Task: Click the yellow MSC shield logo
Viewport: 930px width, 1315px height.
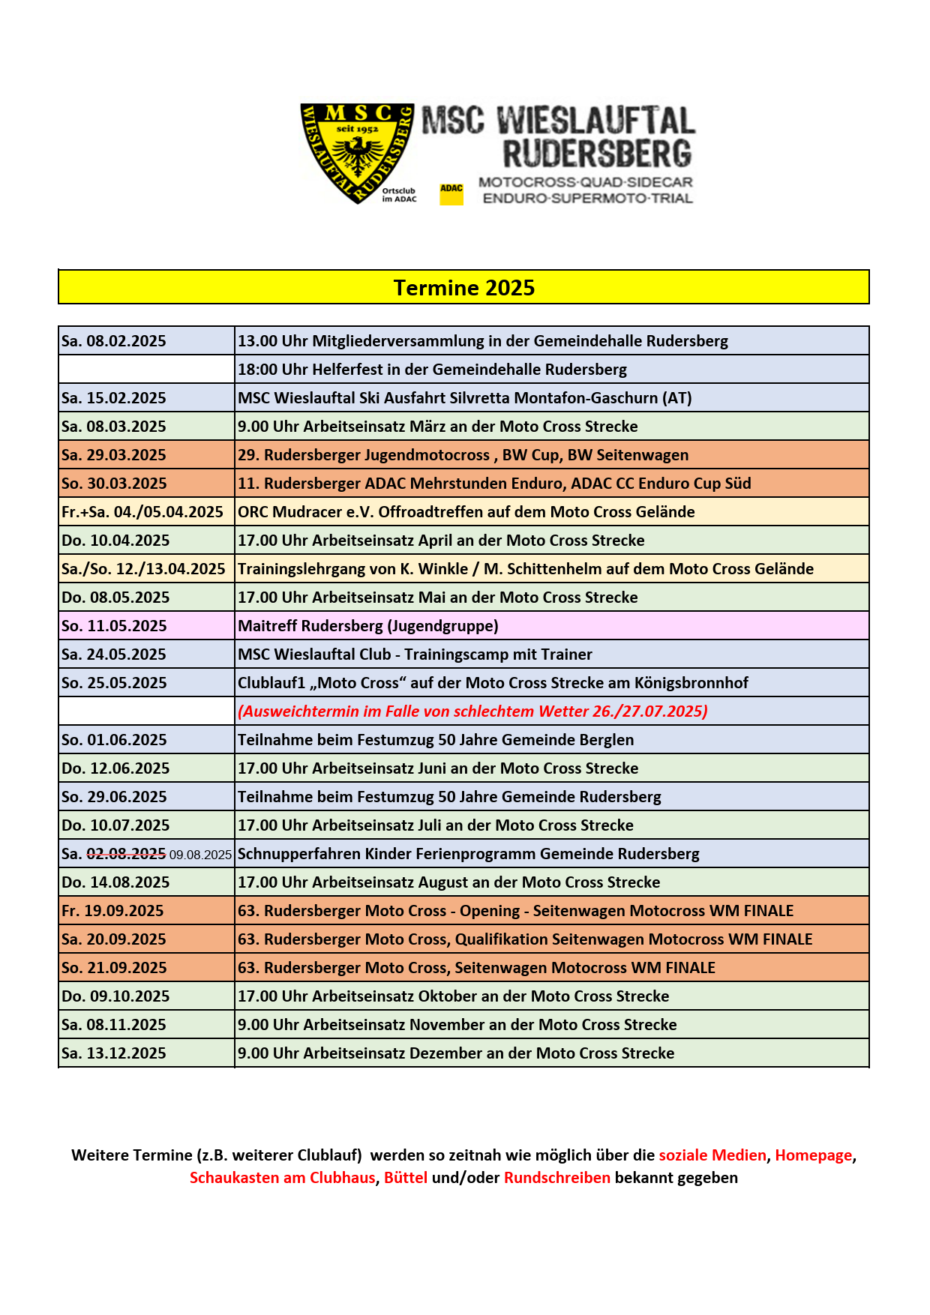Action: tap(357, 153)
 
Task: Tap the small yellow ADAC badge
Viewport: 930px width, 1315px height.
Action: tap(451, 193)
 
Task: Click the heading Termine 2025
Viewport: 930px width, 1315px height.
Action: tap(463, 288)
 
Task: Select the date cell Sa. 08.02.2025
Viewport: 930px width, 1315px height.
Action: tap(114, 341)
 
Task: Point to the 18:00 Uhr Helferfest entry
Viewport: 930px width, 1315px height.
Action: tap(432, 370)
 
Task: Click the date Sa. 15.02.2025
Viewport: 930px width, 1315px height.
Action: tap(114, 398)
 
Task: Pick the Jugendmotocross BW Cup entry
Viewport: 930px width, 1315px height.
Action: tap(463, 455)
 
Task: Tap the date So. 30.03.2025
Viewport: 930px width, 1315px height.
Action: tap(114, 484)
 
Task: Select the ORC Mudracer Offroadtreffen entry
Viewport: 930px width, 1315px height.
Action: tap(466, 512)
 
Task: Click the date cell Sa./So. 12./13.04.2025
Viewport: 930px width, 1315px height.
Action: tap(143, 569)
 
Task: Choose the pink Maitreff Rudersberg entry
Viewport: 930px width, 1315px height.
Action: tap(367, 626)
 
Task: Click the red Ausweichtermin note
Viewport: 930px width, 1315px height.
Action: tap(472, 711)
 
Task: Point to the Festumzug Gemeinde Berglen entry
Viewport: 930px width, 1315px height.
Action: tap(435, 740)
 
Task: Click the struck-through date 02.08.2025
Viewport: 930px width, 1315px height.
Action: tap(126, 854)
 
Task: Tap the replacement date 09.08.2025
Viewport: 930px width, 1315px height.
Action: tap(200, 855)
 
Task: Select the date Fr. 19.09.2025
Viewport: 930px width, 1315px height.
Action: tap(112, 911)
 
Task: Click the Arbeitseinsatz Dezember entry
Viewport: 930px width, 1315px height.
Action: tap(455, 1053)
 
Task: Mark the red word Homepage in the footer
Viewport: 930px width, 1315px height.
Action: tap(813, 1155)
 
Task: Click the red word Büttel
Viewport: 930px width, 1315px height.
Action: tap(405, 1178)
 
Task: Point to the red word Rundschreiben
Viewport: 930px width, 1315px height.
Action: tap(556, 1178)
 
